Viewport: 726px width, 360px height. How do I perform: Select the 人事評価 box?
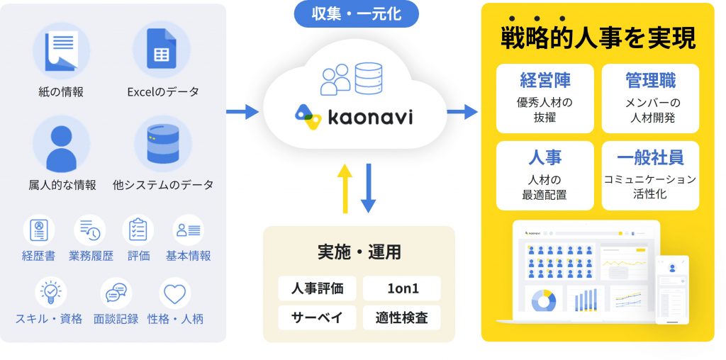(x=317, y=288)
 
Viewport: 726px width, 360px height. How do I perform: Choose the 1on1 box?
(x=401, y=288)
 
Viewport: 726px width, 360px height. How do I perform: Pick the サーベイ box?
(x=317, y=317)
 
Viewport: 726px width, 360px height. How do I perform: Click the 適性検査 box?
(x=401, y=317)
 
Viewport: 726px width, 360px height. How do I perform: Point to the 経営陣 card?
(x=544, y=98)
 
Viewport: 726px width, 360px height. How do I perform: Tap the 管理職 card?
(x=650, y=98)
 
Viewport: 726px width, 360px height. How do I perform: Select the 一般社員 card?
(x=650, y=175)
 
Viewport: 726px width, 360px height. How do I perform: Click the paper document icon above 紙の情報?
(x=61, y=50)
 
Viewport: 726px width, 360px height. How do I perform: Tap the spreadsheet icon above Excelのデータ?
(x=162, y=48)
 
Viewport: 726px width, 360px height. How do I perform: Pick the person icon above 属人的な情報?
(x=61, y=145)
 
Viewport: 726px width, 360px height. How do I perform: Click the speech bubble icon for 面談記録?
(x=116, y=292)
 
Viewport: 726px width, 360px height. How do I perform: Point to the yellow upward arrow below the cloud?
(x=345, y=188)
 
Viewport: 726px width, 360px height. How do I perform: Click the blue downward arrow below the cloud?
(x=368, y=188)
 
